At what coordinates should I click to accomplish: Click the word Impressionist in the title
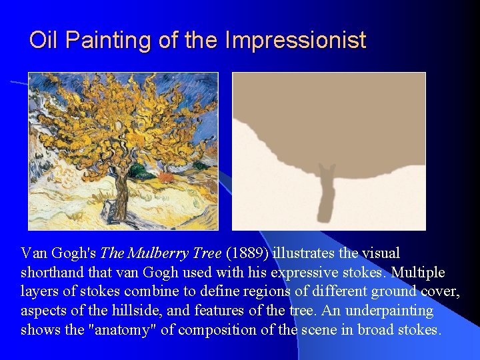[295, 41]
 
